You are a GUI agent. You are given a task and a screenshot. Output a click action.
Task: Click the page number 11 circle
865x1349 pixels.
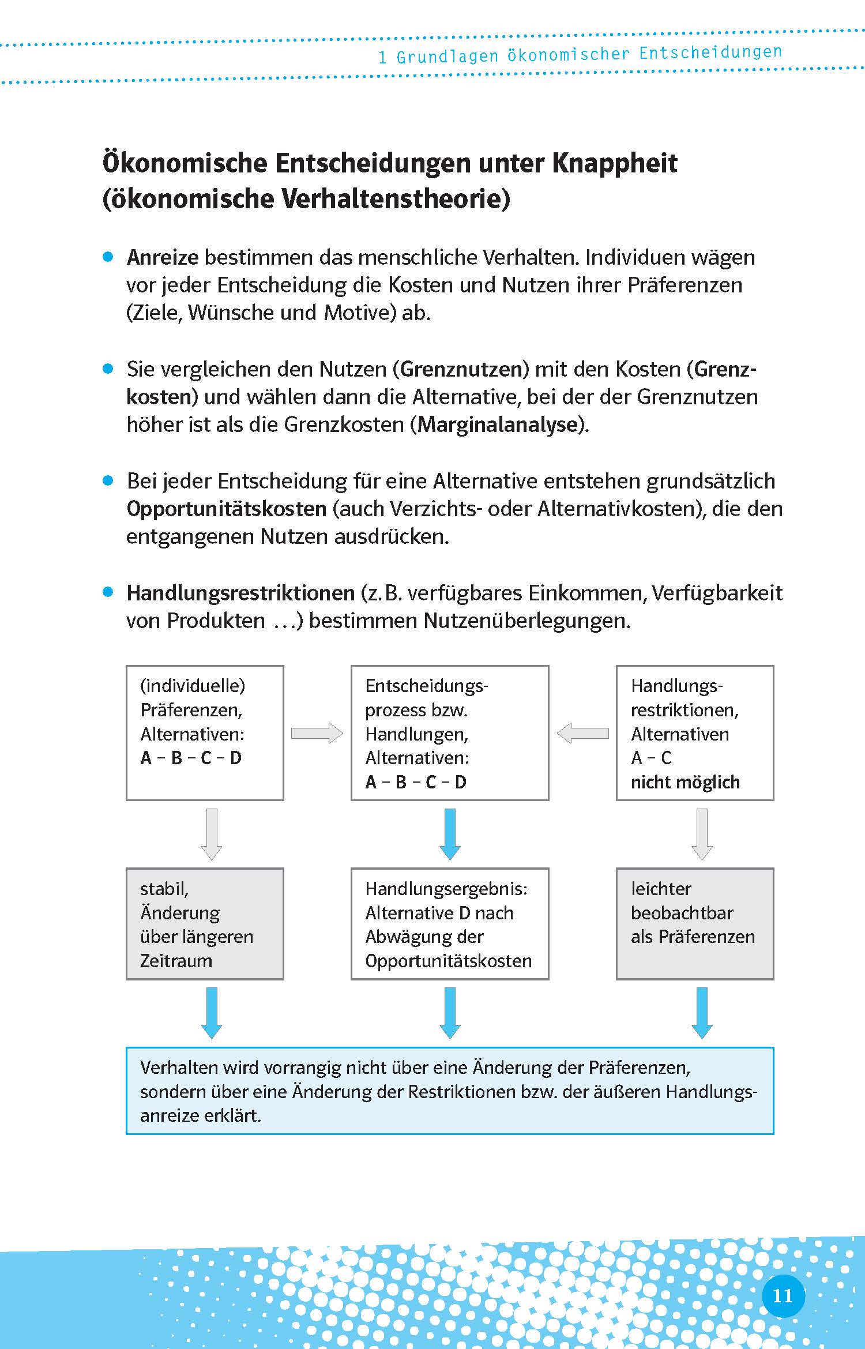783,1296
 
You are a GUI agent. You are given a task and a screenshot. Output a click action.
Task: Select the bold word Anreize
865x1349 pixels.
163,257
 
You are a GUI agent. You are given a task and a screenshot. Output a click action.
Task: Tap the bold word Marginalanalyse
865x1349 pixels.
498,424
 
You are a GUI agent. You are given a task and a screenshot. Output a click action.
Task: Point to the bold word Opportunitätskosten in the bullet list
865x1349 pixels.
227,509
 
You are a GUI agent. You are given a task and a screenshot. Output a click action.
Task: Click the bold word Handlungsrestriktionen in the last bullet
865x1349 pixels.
240,593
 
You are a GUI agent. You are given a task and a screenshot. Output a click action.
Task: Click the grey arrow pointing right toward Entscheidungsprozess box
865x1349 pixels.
317,733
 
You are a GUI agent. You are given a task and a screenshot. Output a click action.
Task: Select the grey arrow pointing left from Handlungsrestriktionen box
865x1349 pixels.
582,733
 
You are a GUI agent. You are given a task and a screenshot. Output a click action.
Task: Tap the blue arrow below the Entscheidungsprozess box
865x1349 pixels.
450,834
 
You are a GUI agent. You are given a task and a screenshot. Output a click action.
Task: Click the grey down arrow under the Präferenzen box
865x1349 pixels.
212,834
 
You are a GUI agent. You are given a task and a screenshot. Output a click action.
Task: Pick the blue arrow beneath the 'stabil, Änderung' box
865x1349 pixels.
212,1013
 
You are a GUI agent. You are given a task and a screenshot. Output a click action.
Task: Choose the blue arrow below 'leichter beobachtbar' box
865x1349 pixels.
702,1013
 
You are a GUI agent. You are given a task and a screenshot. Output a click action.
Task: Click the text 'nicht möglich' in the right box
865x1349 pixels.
685,782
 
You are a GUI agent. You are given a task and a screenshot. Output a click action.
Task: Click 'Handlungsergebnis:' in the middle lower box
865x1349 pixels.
446,889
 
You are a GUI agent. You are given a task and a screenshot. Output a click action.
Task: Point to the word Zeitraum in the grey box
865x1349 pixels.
176,961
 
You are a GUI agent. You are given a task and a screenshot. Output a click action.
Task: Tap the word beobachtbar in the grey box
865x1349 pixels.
682,913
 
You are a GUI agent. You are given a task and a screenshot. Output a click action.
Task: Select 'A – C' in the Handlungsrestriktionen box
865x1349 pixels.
651,758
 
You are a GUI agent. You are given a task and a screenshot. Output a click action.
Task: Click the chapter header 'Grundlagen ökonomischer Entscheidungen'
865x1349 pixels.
588,54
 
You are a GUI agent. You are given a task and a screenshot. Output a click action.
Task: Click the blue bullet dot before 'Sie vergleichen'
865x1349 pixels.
108,369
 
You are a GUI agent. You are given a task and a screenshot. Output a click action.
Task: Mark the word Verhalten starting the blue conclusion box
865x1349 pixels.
179,1068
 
